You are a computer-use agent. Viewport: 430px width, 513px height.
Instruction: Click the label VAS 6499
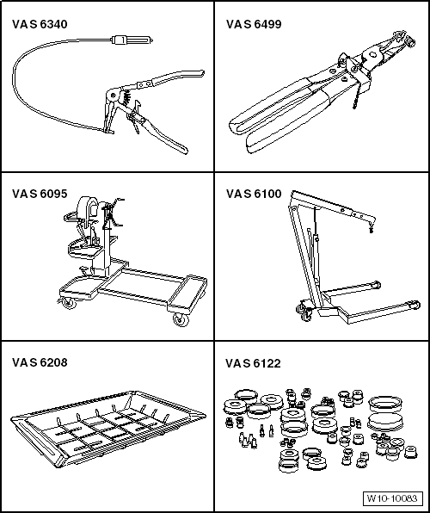point(254,24)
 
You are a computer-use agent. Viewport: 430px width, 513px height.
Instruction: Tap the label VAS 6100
point(254,194)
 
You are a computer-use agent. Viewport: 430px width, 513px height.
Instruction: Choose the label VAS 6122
point(254,362)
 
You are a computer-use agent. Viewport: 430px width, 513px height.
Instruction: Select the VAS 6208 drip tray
point(107,425)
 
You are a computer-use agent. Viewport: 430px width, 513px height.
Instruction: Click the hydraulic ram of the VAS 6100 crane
point(314,250)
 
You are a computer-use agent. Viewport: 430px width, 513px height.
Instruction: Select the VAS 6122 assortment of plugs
point(318,426)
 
